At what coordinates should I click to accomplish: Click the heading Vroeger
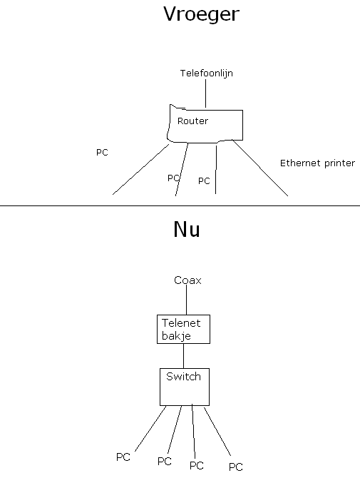(x=201, y=14)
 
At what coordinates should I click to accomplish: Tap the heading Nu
(x=187, y=229)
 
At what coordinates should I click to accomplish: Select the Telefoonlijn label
(x=207, y=73)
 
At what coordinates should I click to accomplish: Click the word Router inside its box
(x=192, y=121)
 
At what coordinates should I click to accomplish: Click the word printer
(x=339, y=163)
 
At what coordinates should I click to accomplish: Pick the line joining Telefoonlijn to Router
(x=205, y=93)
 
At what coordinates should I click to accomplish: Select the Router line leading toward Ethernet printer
(x=260, y=168)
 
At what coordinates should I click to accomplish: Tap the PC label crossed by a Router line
(x=173, y=178)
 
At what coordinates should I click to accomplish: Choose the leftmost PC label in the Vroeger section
(x=102, y=153)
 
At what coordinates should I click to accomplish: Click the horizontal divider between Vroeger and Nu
(x=180, y=205)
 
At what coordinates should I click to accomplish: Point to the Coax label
(x=187, y=280)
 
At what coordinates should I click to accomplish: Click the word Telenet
(x=181, y=323)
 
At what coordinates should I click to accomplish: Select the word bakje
(x=176, y=336)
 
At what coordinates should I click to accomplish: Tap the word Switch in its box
(x=183, y=377)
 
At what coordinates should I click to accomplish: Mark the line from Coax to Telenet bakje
(x=186, y=300)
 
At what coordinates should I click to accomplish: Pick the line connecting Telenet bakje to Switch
(x=184, y=356)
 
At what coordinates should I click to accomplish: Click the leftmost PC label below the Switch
(x=123, y=457)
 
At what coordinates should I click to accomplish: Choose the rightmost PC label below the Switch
(x=236, y=467)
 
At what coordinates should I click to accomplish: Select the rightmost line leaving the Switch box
(x=217, y=431)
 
